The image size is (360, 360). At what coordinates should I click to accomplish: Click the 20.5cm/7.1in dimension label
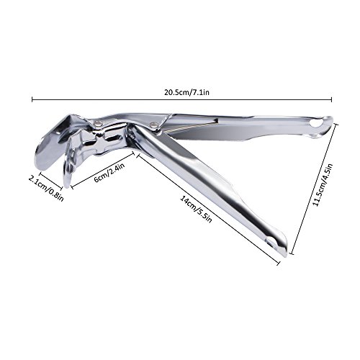[186, 92]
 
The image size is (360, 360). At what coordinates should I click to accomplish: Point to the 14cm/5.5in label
[197, 210]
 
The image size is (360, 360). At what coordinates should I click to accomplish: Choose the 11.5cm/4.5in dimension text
[323, 184]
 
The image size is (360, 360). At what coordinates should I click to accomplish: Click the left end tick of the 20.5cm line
[32, 99]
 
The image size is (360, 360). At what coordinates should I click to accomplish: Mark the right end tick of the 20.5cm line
[332, 99]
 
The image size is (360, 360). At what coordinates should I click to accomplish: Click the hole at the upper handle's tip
[314, 123]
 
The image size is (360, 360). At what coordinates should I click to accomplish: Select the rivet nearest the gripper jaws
[97, 124]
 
